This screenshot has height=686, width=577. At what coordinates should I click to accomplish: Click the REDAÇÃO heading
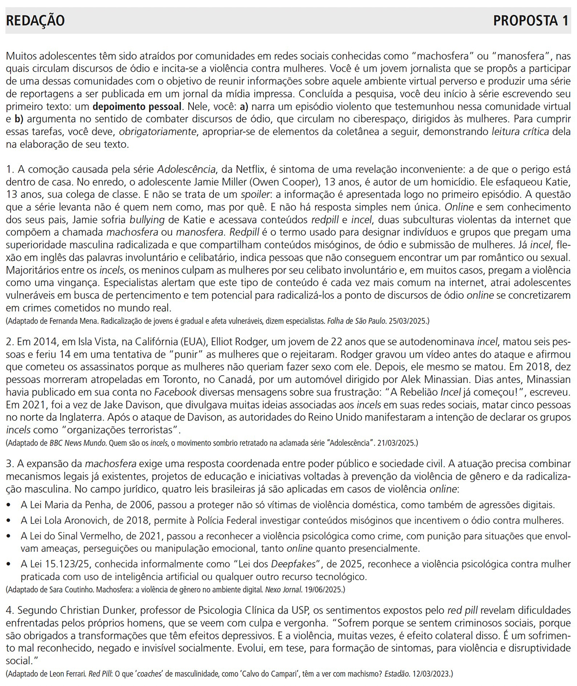pyautogui.click(x=35, y=21)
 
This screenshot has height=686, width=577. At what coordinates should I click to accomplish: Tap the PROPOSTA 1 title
pyautogui.click(x=531, y=21)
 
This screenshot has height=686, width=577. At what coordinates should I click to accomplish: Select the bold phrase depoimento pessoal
pyautogui.click(x=137, y=106)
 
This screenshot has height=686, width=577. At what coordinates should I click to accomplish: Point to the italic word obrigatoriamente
pyautogui.click(x=158, y=131)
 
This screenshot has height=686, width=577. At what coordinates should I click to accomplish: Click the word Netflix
pyautogui.click(x=251, y=169)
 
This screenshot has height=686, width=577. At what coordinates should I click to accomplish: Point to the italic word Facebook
pyautogui.click(x=175, y=392)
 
